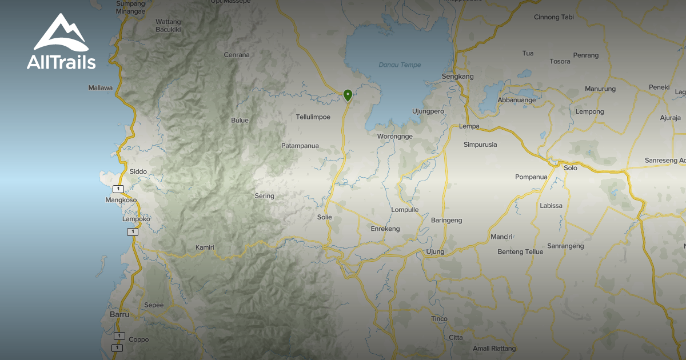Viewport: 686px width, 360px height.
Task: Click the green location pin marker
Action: click(x=348, y=95)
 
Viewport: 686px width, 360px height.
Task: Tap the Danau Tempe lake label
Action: click(x=400, y=65)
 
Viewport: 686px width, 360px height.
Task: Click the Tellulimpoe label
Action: click(x=313, y=117)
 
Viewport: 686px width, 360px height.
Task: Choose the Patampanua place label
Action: click(x=300, y=146)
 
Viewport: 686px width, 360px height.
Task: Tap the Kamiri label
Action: click(x=205, y=247)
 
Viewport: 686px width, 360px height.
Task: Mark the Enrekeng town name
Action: click(x=385, y=229)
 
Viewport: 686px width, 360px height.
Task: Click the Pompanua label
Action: click(x=531, y=177)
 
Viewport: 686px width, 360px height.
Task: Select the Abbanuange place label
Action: click(x=517, y=100)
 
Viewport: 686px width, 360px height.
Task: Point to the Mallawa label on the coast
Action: click(x=101, y=88)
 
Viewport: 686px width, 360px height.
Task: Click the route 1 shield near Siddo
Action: click(x=118, y=189)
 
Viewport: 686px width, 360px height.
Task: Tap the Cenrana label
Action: click(x=237, y=55)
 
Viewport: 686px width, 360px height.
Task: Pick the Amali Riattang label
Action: click(x=494, y=349)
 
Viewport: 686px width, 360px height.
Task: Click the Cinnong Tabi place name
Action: click(x=554, y=17)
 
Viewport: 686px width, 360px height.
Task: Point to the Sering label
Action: click(x=265, y=196)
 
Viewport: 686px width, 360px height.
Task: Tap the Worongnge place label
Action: click(x=395, y=136)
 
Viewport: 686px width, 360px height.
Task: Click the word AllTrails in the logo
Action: click(x=61, y=62)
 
